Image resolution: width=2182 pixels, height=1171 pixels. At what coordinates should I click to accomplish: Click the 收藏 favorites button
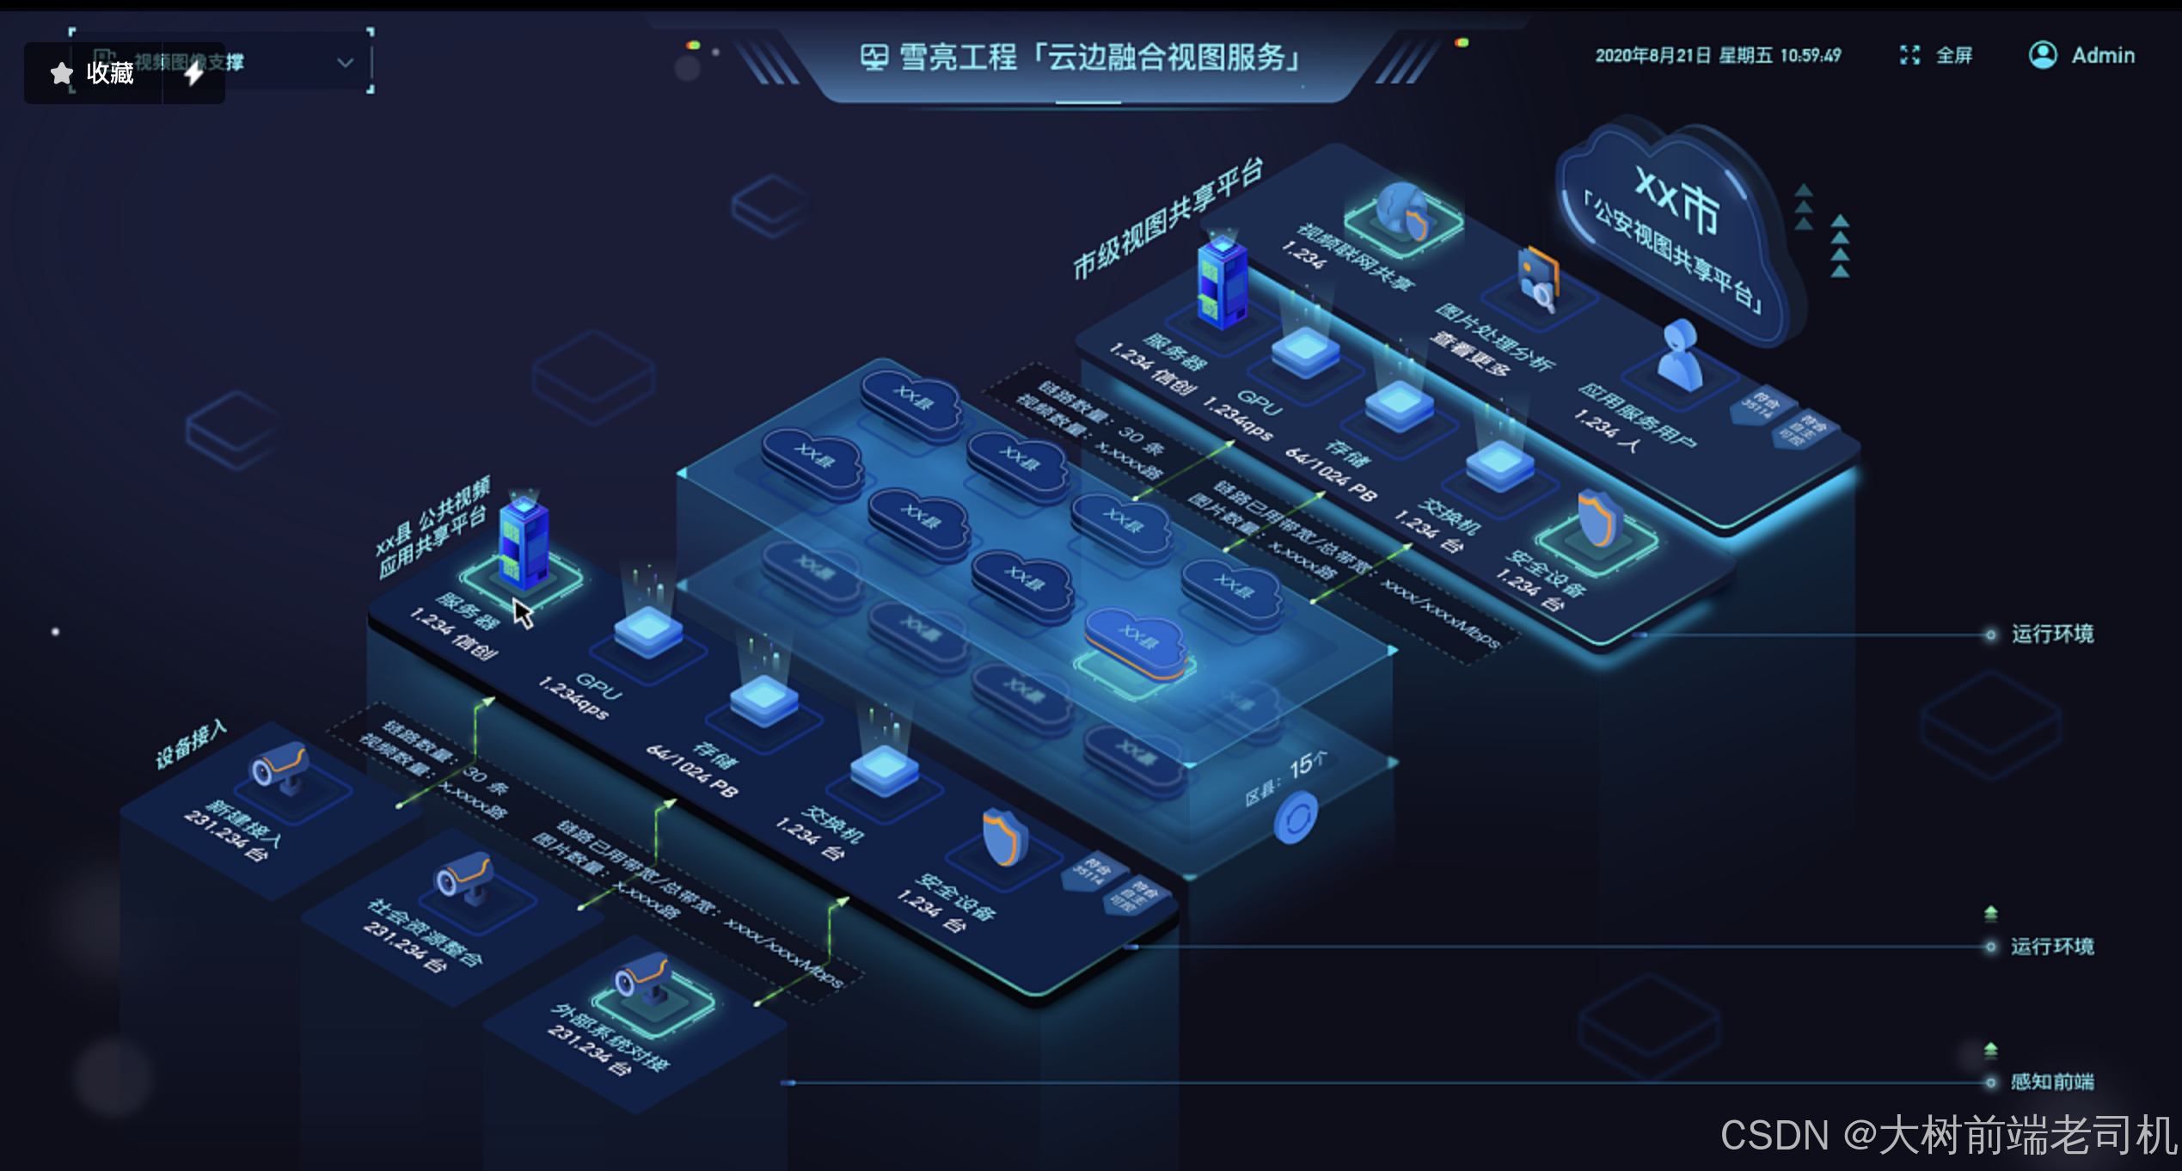pyautogui.click(x=93, y=73)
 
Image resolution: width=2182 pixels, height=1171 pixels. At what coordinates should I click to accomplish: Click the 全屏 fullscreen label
pyautogui.click(x=1953, y=56)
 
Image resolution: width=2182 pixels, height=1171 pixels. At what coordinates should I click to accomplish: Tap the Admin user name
pyautogui.click(x=2103, y=56)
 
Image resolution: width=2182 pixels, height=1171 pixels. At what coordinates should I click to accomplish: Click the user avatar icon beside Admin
pyautogui.click(x=2043, y=55)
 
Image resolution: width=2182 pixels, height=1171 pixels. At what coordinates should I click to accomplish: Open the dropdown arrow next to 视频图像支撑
pyautogui.click(x=345, y=62)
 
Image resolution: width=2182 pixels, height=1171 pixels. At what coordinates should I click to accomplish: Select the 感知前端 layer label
pyautogui.click(x=2051, y=1082)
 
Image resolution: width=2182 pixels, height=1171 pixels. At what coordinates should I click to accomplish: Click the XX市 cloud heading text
pyautogui.click(x=1676, y=201)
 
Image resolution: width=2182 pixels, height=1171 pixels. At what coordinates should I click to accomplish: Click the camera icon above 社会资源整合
pyautogui.click(x=465, y=877)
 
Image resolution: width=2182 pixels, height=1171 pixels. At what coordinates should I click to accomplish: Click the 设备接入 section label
pyautogui.click(x=191, y=744)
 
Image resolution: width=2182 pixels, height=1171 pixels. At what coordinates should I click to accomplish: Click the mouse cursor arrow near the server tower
pyautogui.click(x=523, y=613)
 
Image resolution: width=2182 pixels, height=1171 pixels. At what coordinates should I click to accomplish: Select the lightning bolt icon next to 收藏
pyautogui.click(x=194, y=73)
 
